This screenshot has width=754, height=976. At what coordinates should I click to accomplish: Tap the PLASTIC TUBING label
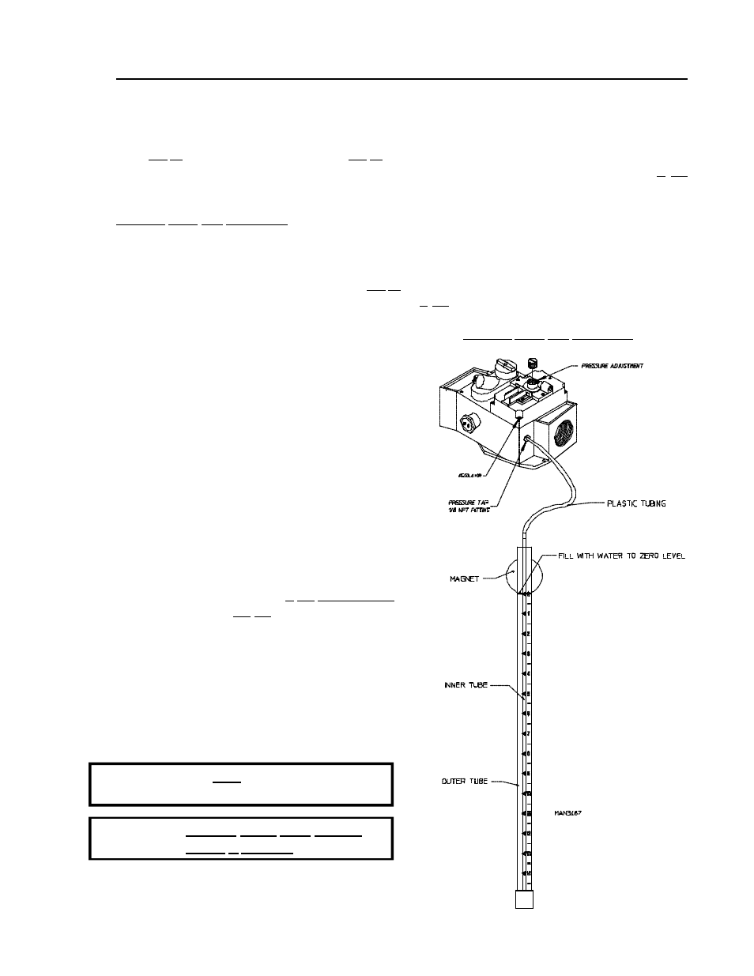[635, 503]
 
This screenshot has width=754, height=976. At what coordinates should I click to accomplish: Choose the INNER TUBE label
[466, 685]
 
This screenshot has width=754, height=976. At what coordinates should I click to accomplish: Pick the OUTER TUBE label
[464, 782]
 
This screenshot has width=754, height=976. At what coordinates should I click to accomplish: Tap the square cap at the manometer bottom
[523, 899]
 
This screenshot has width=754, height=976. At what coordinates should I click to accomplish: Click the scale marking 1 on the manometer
[528, 613]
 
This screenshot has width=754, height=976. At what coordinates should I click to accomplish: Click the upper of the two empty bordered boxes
[241, 783]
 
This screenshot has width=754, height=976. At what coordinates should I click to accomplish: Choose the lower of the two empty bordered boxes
[241, 838]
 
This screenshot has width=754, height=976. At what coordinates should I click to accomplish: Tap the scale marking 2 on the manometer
[528, 634]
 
